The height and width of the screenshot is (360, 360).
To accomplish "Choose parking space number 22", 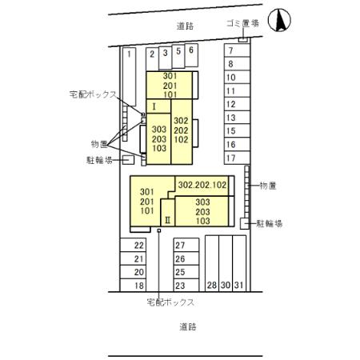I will (138, 246).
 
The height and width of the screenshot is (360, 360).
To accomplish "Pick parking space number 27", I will (180, 246).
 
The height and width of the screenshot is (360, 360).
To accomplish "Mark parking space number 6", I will (191, 50).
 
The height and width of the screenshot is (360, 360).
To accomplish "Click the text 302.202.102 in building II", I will (202, 183).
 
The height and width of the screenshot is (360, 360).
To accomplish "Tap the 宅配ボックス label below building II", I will (170, 302).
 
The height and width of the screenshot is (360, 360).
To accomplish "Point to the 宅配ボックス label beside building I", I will (93, 94).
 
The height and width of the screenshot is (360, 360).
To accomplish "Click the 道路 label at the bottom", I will (187, 326).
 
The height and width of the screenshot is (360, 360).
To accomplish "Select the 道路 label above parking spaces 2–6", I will (186, 26).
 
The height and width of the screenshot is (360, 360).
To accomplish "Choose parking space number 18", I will (138, 286).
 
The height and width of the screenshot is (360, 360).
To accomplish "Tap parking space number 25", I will (180, 273).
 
